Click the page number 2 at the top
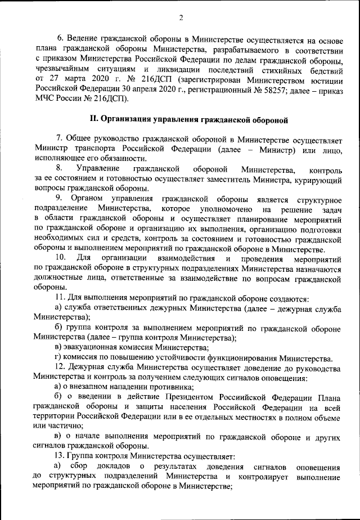tap(181, 17)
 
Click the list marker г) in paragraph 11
tap(58, 359)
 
